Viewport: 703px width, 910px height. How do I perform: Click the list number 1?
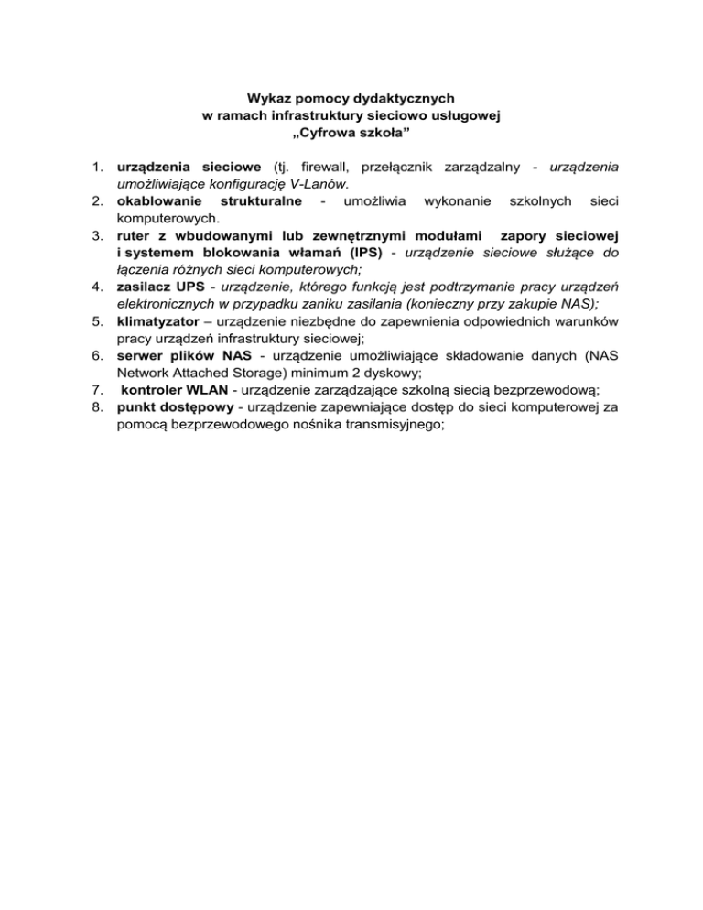(x=95, y=168)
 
